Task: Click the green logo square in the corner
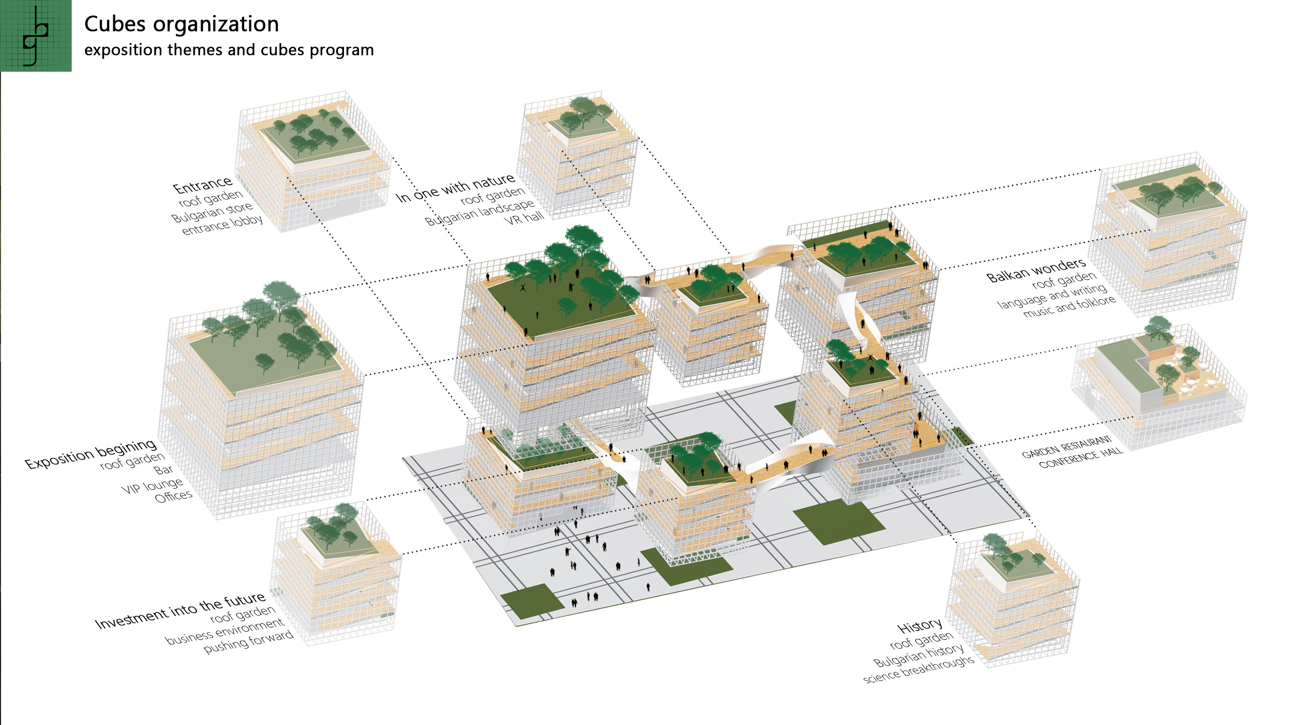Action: (35, 35)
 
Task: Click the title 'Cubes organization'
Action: (181, 24)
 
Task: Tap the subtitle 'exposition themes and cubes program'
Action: (229, 50)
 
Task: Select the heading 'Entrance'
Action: (203, 184)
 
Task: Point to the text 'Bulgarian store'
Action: (212, 212)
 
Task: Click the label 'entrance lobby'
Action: (222, 225)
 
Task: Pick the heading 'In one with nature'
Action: (455, 187)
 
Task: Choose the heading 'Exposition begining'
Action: (91, 453)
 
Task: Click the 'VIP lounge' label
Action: (152, 486)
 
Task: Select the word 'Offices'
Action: (174, 497)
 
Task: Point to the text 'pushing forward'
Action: (248, 642)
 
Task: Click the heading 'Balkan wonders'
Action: (1036, 270)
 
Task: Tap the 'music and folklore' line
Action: (1069, 307)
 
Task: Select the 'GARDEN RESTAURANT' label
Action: (1066, 447)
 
